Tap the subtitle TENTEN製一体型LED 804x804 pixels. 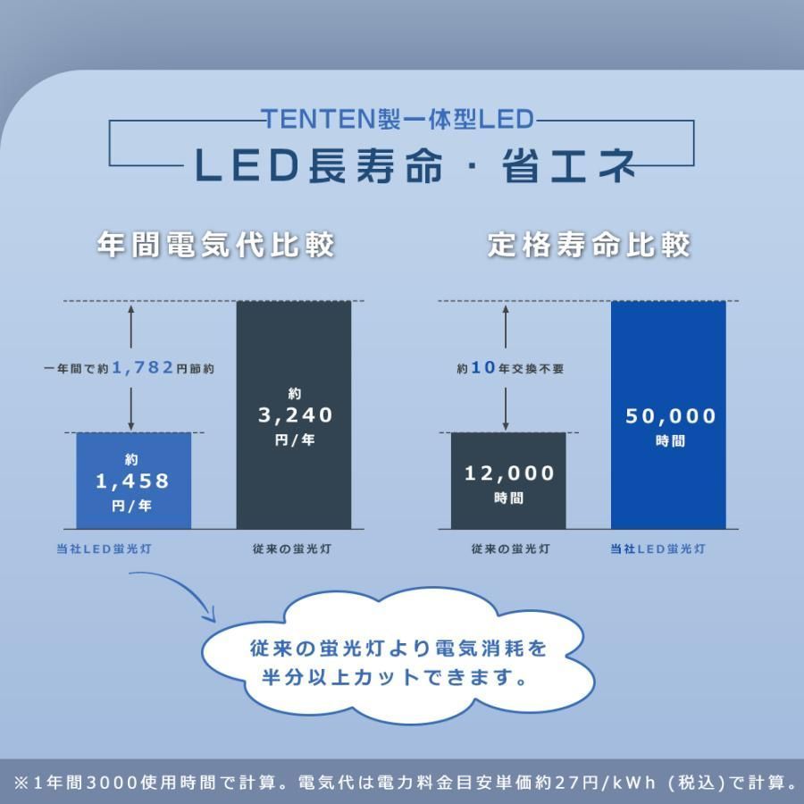tap(398, 119)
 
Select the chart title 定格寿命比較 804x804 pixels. tap(590, 245)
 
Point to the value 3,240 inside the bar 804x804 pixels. tap(294, 415)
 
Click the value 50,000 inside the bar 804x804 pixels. tap(671, 416)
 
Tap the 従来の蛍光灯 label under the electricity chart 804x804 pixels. tap(292, 549)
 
